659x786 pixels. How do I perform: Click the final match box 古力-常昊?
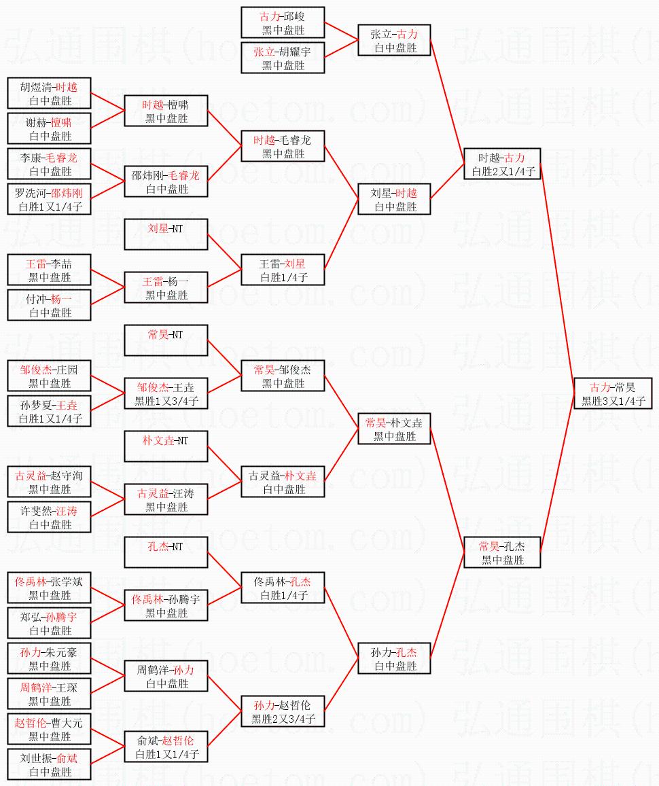pos(612,394)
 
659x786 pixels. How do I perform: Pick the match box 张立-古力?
pos(394,41)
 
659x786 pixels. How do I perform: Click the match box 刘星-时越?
pos(394,200)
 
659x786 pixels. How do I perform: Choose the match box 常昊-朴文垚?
pos(394,429)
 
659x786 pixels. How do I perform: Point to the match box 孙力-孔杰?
pos(394,659)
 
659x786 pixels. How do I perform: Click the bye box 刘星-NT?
pos(165,235)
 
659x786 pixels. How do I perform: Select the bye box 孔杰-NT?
pos(165,553)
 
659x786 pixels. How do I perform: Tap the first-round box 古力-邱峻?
pos(283,23)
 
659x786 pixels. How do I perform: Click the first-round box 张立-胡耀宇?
pos(283,58)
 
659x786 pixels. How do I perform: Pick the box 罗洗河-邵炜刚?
pos(49,200)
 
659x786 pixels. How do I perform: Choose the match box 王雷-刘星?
pos(283,270)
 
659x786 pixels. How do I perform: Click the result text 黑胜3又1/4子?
pos(612,401)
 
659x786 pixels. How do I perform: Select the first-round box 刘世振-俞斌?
pos(49,765)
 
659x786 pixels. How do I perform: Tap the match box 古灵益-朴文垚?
pos(283,482)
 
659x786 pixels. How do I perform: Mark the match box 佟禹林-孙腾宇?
pos(165,606)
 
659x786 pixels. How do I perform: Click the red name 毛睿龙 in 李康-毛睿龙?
pos(62,158)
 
